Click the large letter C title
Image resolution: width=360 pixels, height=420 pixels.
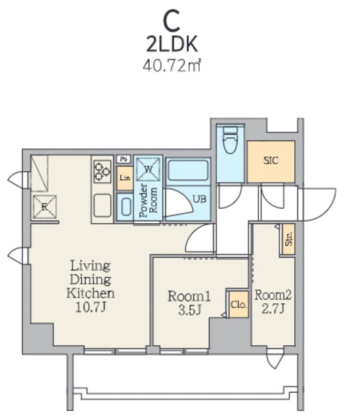point(171,20)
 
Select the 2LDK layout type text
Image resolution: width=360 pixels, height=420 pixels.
point(172,44)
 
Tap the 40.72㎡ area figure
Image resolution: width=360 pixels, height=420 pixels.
point(172,66)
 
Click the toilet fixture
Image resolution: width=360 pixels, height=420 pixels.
point(231,139)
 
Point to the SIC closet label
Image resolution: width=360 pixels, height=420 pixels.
point(271,161)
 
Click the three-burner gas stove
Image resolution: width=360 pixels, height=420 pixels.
point(102,172)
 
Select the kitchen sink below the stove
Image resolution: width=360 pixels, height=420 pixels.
point(102,205)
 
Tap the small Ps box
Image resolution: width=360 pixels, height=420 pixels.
point(124,159)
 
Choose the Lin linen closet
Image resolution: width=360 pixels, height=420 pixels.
point(125,178)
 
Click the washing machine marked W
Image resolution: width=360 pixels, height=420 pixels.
point(148,169)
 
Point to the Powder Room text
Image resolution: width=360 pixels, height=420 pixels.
point(148,200)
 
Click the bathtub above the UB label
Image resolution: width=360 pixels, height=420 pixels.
point(187,170)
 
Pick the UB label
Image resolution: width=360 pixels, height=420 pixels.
point(200,199)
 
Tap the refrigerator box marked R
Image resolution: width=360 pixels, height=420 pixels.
point(45,207)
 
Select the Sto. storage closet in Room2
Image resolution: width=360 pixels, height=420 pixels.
point(288,239)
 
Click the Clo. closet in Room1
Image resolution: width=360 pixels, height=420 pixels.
point(238,304)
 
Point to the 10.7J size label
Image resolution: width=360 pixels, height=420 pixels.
point(91,308)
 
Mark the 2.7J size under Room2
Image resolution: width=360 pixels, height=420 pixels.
point(273,309)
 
